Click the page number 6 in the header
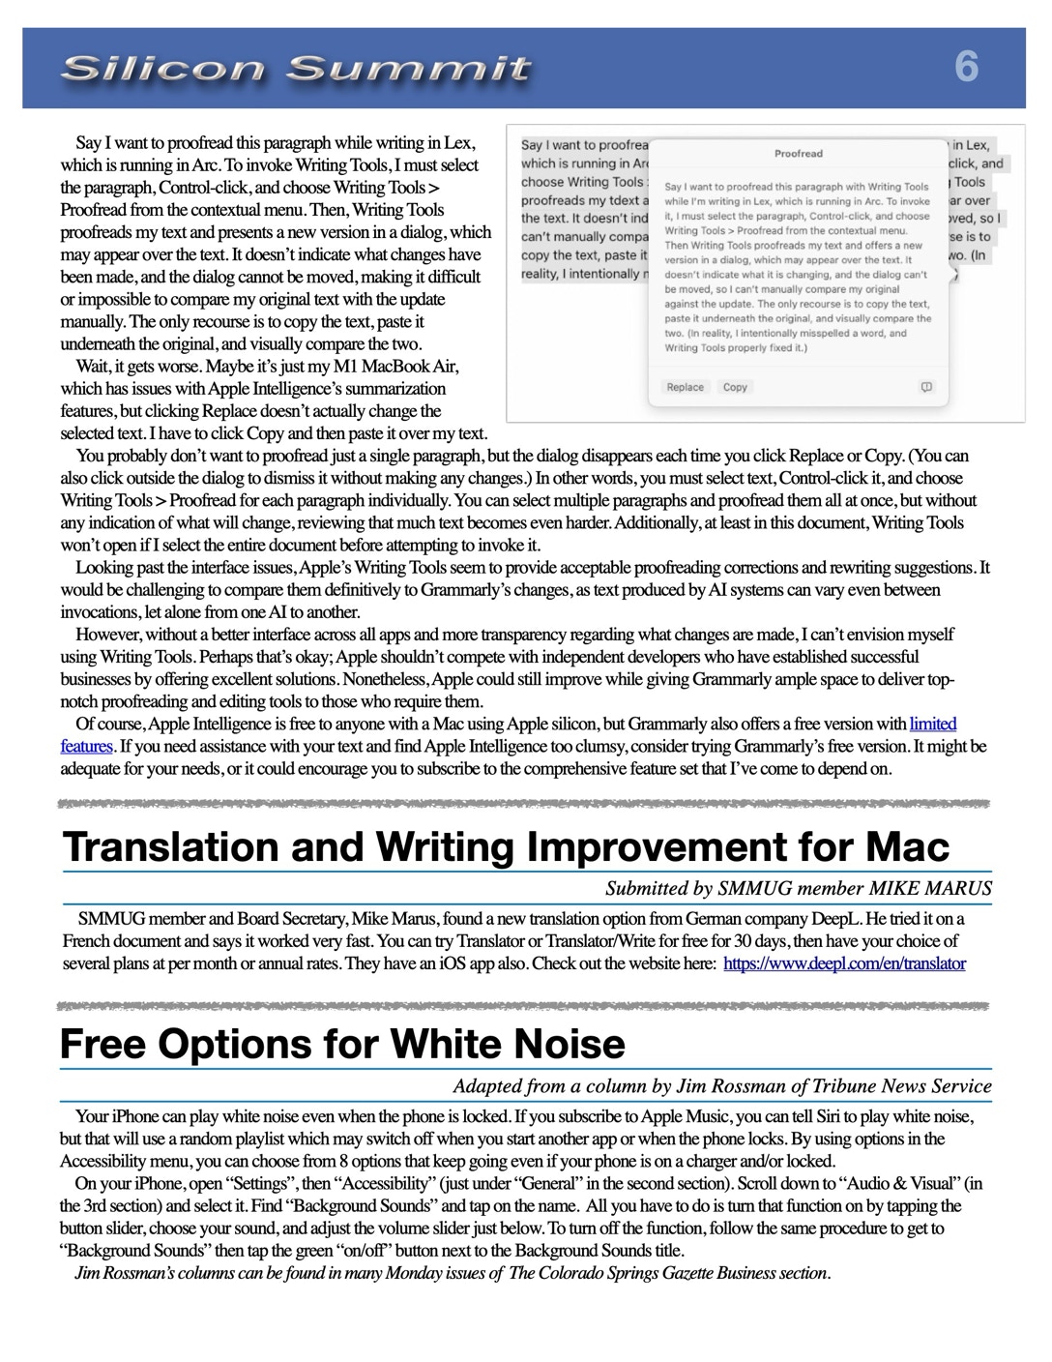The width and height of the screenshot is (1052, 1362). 966,67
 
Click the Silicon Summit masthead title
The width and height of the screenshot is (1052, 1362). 295,69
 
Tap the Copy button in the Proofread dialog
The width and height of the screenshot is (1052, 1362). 735,387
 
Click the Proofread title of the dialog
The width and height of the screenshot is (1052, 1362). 799,153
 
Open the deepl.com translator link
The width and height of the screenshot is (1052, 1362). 844,963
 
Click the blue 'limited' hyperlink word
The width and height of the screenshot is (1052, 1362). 933,724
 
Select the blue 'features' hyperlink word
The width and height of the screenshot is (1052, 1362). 87,746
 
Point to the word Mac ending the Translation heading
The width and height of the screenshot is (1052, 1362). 908,846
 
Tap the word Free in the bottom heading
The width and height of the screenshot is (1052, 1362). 103,1045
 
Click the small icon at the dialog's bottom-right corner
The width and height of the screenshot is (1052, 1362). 926,387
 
